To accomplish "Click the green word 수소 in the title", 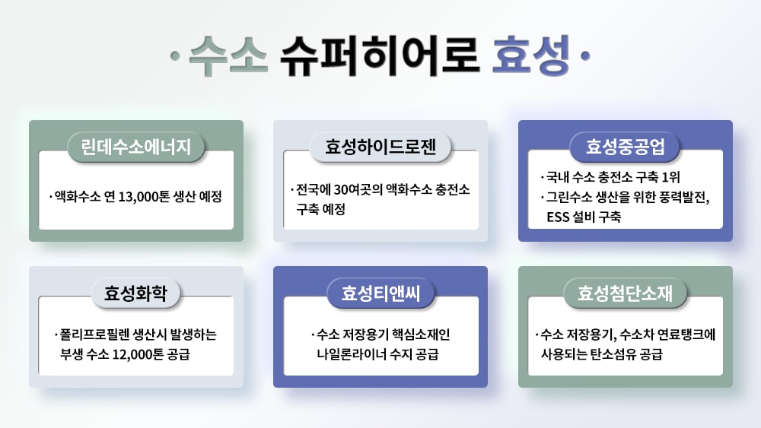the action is (x=228, y=56).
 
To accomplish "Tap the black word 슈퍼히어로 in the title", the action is (x=380, y=56).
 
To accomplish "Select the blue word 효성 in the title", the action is (x=531, y=56).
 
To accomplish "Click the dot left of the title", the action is (x=175, y=56).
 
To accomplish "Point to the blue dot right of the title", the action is (x=585, y=56).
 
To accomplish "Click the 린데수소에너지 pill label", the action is (x=136, y=147).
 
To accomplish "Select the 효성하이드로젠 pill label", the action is (x=380, y=147).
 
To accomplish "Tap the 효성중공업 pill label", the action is (x=625, y=147).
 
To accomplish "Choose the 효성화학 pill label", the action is (x=136, y=293).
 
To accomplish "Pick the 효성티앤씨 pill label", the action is (x=380, y=293).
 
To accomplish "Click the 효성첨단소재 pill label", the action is (x=625, y=293).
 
